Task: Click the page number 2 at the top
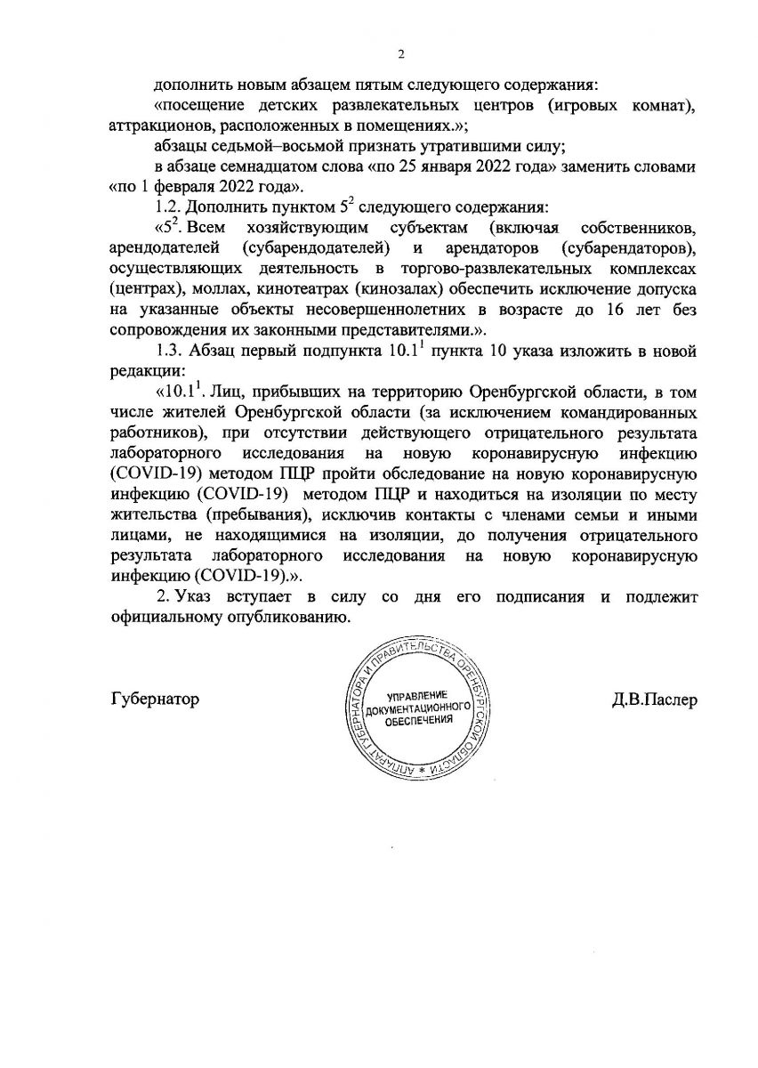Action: pos(401,52)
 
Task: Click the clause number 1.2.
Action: pos(169,207)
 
